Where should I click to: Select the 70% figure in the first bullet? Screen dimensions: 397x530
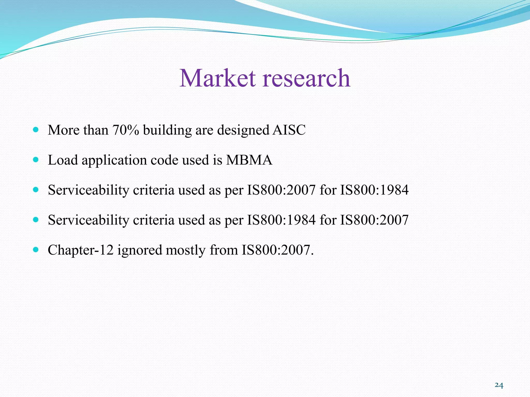pos(126,130)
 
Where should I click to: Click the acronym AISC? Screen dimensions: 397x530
pos(289,130)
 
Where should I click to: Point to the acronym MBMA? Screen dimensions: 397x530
pos(249,160)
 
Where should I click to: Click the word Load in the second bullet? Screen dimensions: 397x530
pos(63,160)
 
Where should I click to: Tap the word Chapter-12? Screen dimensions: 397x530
pos(80,250)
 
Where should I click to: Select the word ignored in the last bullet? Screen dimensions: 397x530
pos(140,250)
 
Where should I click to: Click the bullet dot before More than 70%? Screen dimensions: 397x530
pos(36,129)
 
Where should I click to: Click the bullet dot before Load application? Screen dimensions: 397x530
pos(36,159)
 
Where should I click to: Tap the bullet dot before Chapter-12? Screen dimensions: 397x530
pos(36,250)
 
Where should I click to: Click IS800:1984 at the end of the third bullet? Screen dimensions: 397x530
pos(374,190)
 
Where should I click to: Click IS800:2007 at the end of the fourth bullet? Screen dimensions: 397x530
pos(374,220)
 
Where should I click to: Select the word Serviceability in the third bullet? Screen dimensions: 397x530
pos(89,190)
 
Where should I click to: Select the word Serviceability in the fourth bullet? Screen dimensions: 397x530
pos(89,220)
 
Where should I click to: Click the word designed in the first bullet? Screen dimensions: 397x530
pos(243,130)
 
